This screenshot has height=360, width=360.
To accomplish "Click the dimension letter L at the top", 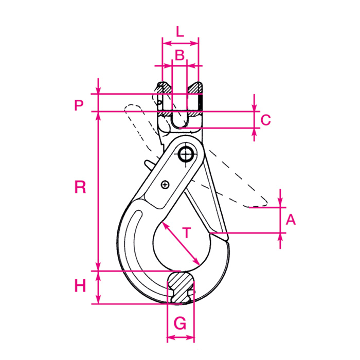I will [179, 31].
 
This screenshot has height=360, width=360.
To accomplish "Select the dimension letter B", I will [179, 56].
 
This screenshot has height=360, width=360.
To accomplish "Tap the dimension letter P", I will [78, 105].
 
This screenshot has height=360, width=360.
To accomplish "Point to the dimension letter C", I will [265, 120].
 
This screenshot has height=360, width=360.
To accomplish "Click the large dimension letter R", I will [80, 187].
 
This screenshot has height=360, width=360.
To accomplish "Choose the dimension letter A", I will [291, 220].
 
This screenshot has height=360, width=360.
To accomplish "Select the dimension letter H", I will [80, 286].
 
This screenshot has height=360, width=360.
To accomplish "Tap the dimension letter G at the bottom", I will [180, 323].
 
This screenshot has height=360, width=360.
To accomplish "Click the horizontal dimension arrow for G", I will [181, 338].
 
